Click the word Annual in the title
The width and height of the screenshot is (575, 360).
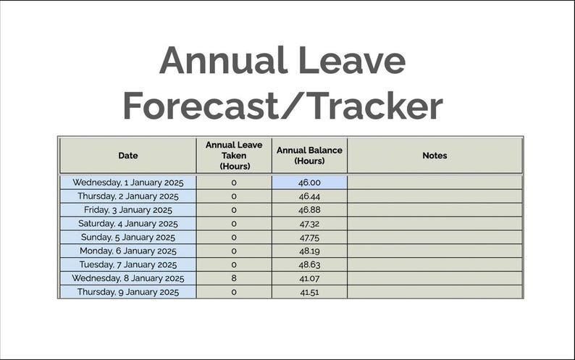click(215, 61)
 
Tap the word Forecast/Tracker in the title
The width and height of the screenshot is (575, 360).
click(282, 106)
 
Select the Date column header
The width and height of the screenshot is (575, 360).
click(128, 155)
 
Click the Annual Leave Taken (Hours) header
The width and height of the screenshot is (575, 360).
click(234, 155)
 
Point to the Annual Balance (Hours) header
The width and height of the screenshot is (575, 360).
click(309, 155)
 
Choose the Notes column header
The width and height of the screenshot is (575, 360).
click(435, 155)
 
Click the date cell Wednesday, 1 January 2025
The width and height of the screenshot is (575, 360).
click(128, 183)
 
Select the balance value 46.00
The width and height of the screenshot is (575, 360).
click(309, 183)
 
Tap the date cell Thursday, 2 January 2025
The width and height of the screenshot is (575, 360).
click(128, 196)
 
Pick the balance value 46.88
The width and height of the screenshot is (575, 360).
click(309, 210)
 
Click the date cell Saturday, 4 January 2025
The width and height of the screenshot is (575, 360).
click(128, 224)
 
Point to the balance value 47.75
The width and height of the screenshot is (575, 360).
click(309, 238)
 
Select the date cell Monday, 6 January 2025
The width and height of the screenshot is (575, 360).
click(128, 251)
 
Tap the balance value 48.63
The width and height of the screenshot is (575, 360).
click(309, 265)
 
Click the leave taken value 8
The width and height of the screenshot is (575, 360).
click(234, 278)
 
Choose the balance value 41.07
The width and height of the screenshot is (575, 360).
click(309, 278)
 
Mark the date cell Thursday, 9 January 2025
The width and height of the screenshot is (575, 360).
click(128, 292)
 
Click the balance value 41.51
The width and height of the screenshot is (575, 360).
click(309, 292)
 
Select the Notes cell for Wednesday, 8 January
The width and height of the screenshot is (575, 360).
click(435, 278)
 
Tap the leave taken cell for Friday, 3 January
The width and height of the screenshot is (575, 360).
click(234, 210)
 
